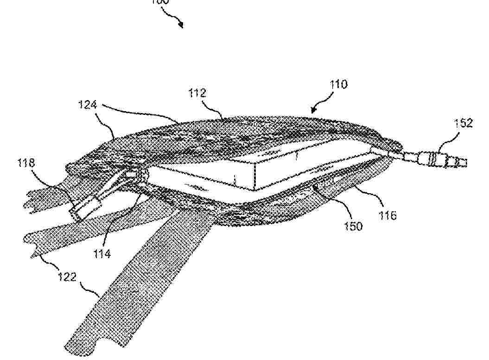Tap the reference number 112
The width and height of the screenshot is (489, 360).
coord(197,94)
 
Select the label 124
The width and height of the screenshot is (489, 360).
coord(87,105)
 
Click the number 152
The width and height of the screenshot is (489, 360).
coord(464,123)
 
